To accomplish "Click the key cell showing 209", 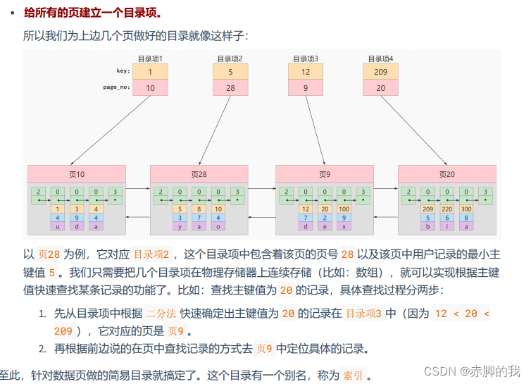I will pos(380,71).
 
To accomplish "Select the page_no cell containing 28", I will pos(230,88).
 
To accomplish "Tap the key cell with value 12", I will pos(305,71).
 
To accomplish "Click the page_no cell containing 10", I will pos(151,88).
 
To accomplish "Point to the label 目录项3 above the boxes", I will pos(305,58).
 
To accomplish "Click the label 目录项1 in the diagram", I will pos(151,58).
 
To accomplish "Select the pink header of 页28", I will pos(199,174).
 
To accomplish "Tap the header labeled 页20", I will pos(446,174).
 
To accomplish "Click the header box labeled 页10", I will pos(77,174).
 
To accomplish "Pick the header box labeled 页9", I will pos(324,174).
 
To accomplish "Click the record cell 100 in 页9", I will pos(343,209).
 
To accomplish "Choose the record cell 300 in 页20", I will pos(466,209).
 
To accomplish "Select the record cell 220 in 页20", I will pos(447,209).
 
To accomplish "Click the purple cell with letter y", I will pos(181,226).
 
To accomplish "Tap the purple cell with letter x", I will pos(343,226).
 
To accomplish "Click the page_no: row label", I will pos(117,88).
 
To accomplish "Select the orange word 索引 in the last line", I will pos(353,376).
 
